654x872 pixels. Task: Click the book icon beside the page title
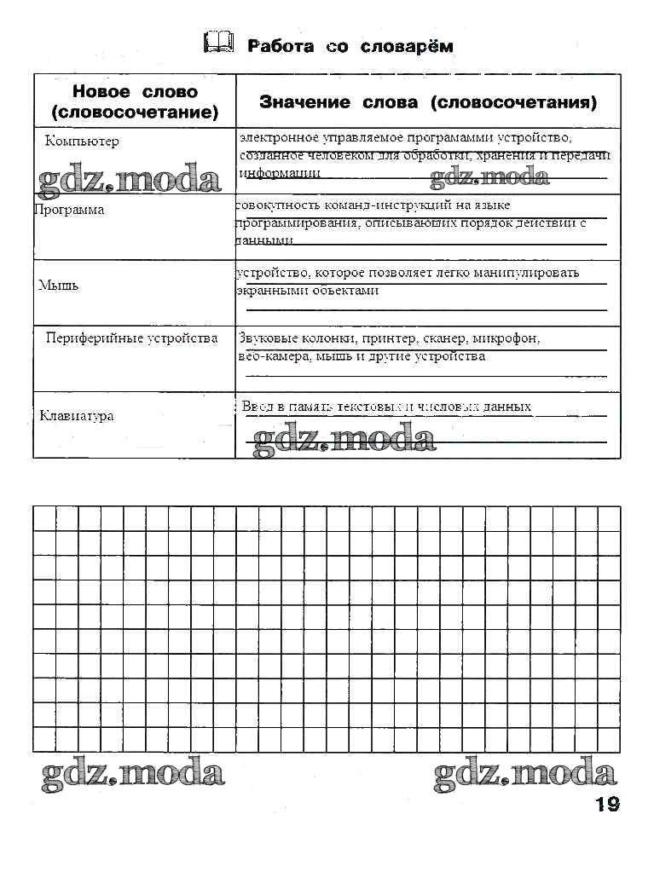tap(218, 43)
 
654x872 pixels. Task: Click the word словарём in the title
tap(404, 46)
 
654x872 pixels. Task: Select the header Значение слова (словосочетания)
tap(427, 102)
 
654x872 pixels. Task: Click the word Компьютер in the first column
tap(82, 141)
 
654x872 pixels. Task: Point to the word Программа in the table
tap(69, 210)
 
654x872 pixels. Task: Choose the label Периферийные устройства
tap(131, 338)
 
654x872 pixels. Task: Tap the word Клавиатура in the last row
tap(77, 416)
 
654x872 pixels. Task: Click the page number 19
tap(607, 804)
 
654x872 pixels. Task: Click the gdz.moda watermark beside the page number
tap(524, 773)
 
